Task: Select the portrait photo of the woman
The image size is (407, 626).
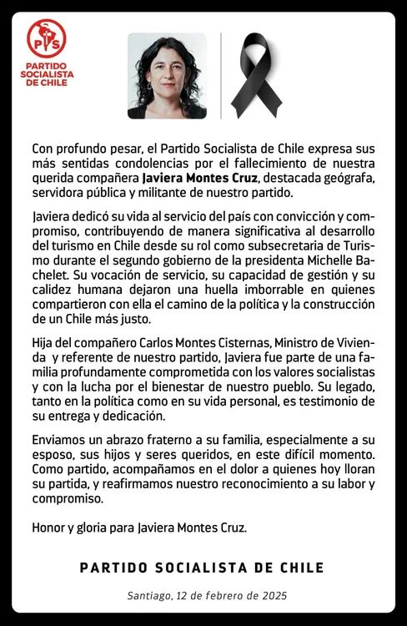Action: click(167, 75)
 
